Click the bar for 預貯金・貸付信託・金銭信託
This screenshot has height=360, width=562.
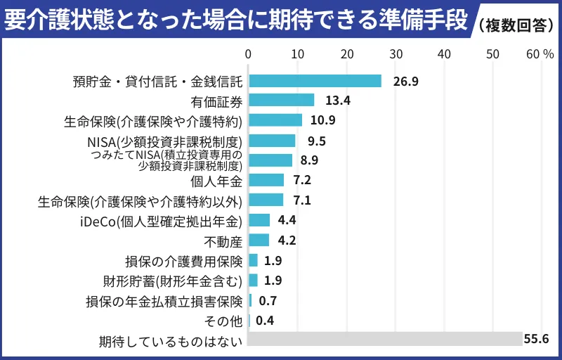pos(315,81)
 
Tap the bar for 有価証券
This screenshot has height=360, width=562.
pos(281,100)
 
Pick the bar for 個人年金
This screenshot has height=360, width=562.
pos(266,180)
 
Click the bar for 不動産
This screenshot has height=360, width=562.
pos(259,240)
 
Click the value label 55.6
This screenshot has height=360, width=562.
pos(536,338)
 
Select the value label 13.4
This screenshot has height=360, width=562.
pos(338,100)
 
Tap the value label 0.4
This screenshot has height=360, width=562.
pos(265,321)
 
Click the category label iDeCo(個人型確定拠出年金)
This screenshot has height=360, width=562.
pos(161,221)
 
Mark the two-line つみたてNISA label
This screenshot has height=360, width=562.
pos(168,160)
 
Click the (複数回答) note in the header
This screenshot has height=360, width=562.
pos(516,24)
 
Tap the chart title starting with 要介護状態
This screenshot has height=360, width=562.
pos(235,21)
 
